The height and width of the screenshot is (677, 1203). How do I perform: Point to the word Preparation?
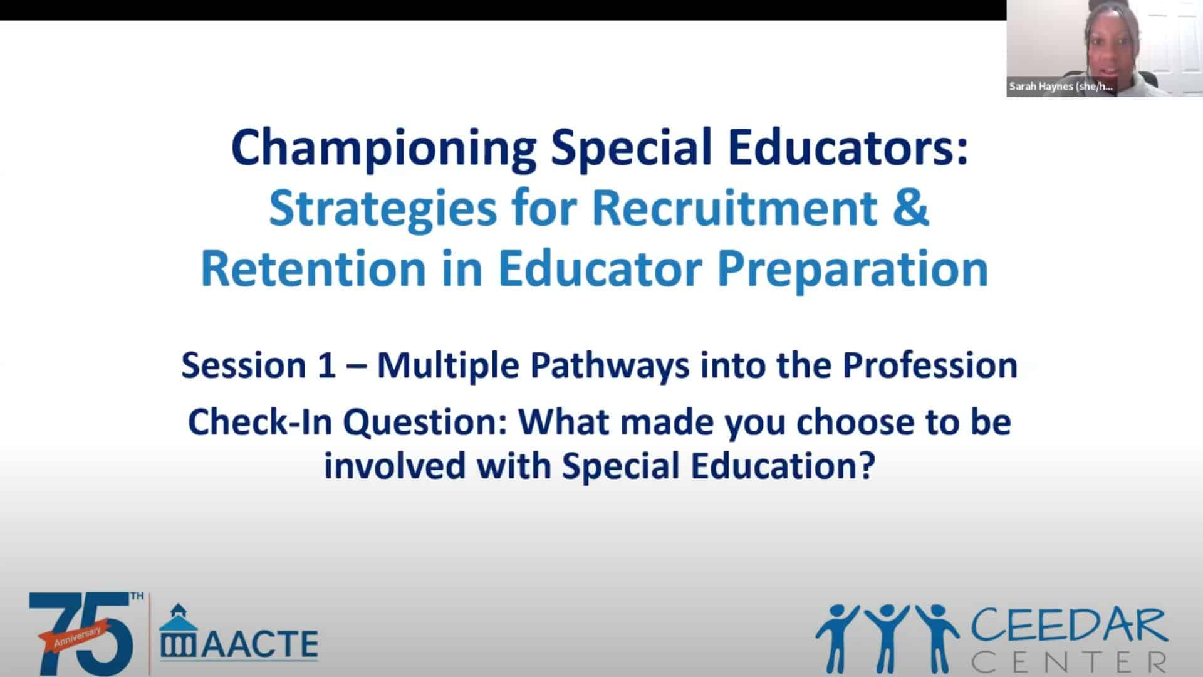(x=852, y=270)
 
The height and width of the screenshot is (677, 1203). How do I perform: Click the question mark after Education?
(x=867, y=465)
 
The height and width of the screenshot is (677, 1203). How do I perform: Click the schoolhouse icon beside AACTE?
(x=179, y=631)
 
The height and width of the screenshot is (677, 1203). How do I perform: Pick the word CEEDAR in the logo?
(x=1068, y=627)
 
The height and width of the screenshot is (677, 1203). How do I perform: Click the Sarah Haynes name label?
(x=1061, y=87)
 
